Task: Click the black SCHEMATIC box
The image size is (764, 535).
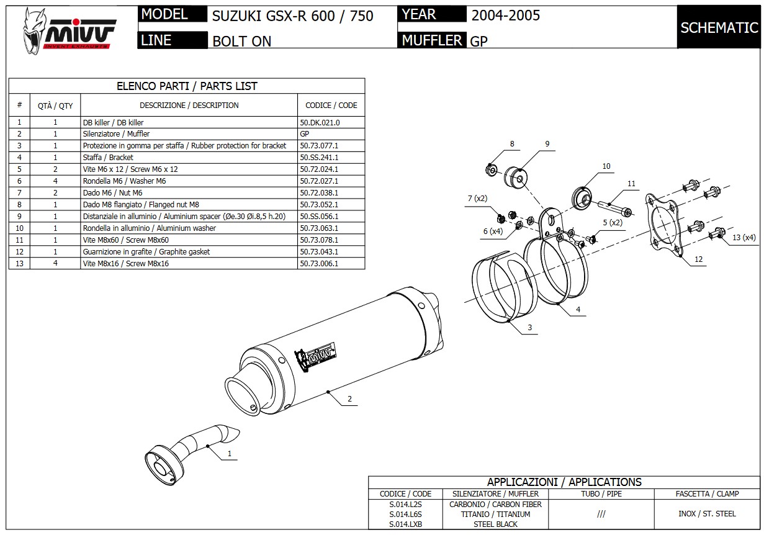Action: click(x=719, y=27)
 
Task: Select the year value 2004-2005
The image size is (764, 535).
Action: click(x=505, y=16)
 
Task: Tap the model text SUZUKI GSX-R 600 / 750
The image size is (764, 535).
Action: click(x=293, y=16)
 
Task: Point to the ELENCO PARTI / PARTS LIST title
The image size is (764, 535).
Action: click(x=187, y=86)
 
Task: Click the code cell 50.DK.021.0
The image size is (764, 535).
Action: click(x=320, y=123)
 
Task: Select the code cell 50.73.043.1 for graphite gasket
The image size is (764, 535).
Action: click(x=319, y=252)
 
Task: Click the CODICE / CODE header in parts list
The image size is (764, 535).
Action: click(x=331, y=106)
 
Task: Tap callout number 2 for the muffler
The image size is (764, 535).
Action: click(x=349, y=399)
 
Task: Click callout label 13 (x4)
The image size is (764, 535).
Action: click(x=744, y=238)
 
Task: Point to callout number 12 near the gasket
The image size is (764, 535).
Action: click(x=699, y=259)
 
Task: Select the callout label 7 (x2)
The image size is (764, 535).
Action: click(x=477, y=199)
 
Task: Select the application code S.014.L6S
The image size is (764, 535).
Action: click(x=405, y=515)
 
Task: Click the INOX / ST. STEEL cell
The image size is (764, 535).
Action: click(x=707, y=514)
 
